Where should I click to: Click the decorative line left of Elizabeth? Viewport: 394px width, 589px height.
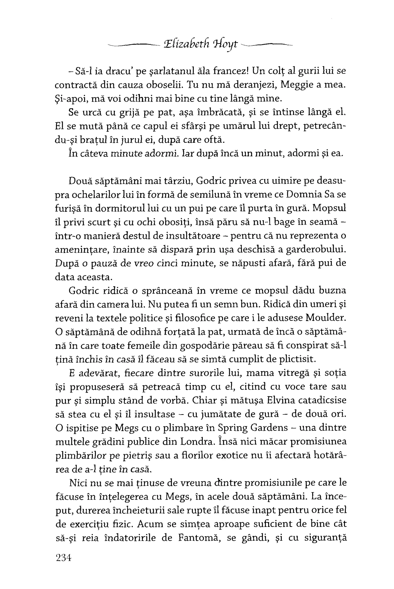[133, 45]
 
